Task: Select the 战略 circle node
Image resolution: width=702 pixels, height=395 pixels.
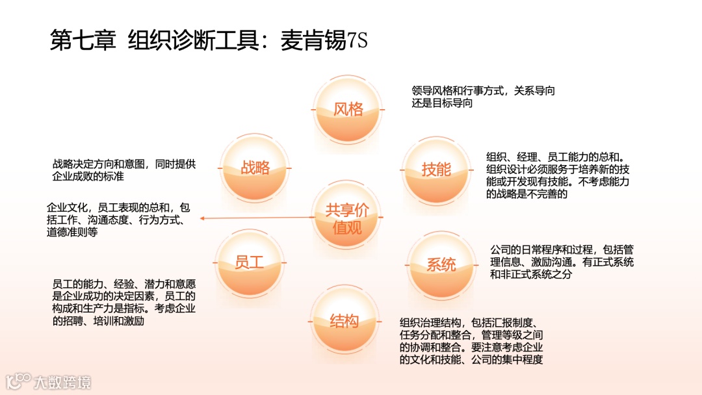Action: (255, 168)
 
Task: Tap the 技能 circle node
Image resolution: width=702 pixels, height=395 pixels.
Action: (436, 170)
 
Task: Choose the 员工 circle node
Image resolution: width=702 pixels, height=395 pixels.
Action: (250, 262)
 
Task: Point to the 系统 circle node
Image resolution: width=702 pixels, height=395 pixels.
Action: (441, 265)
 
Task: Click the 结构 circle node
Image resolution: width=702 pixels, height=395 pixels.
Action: (344, 321)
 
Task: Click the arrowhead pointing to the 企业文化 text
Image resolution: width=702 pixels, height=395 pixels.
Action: (202, 218)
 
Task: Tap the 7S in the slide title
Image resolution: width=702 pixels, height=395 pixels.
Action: (357, 41)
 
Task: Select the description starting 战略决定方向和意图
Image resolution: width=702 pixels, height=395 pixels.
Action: (123, 170)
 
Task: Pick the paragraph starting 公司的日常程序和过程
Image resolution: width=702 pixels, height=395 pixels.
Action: (562, 262)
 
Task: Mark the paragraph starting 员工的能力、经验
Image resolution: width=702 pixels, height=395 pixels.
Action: (123, 302)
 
